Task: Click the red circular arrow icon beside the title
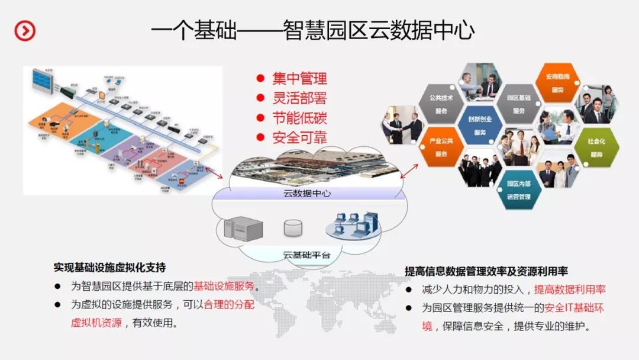pyautogui.click(x=25, y=30)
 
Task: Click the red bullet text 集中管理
pyautogui.click(x=299, y=79)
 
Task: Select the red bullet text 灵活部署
pyautogui.click(x=299, y=98)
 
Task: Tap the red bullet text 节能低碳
pyautogui.click(x=299, y=118)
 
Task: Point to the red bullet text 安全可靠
pyautogui.click(x=299, y=137)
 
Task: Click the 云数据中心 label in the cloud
pyautogui.click(x=307, y=194)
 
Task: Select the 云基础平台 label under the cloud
pyautogui.click(x=306, y=256)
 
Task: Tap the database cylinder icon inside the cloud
pyautogui.click(x=293, y=228)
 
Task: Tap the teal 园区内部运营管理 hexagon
pyautogui.click(x=518, y=190)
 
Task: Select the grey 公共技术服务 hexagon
pyautogui.click(x=441, y=104)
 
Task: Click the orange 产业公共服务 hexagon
pyautogui.click(x=441, y=147)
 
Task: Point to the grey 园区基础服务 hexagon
pyautogui.click(x=518, y=104)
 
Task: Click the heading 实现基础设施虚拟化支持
pyautogui.click(x=109, y=267)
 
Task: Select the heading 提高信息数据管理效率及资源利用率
pyautogui.click(x=486, y=271)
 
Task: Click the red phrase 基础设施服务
pyautogui.click(x=224, y=286)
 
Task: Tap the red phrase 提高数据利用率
pyautogui.click(x=570, y=290)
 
